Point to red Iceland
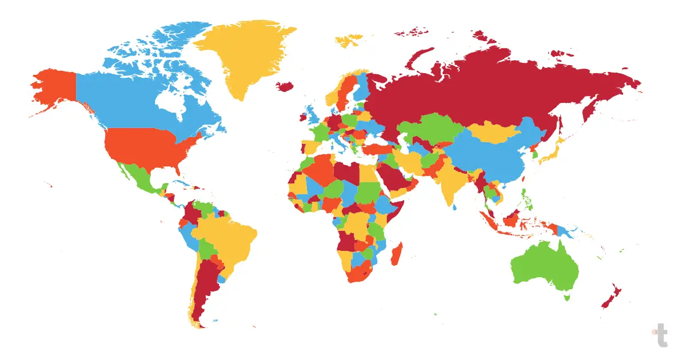click(x=285, y=86)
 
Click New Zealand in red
click(x=612, y=294)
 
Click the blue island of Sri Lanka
click(x=456, y=207)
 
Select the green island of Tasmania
click(x=567, y=297)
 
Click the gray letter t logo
click(x=661, y=335)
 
